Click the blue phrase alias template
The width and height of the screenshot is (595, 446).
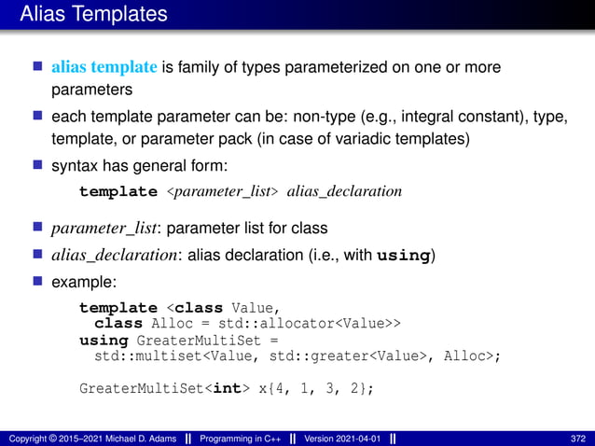click(x=104, y=67)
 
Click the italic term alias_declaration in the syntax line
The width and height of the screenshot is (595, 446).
click(x=344, y=191)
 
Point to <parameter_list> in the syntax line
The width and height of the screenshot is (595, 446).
click(x=222, y=191)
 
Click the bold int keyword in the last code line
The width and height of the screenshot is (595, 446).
click(x=228, y=388)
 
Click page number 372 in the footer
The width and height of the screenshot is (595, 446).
click(x=577, y=438)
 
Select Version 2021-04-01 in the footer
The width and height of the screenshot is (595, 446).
click(x=342, y=438)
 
